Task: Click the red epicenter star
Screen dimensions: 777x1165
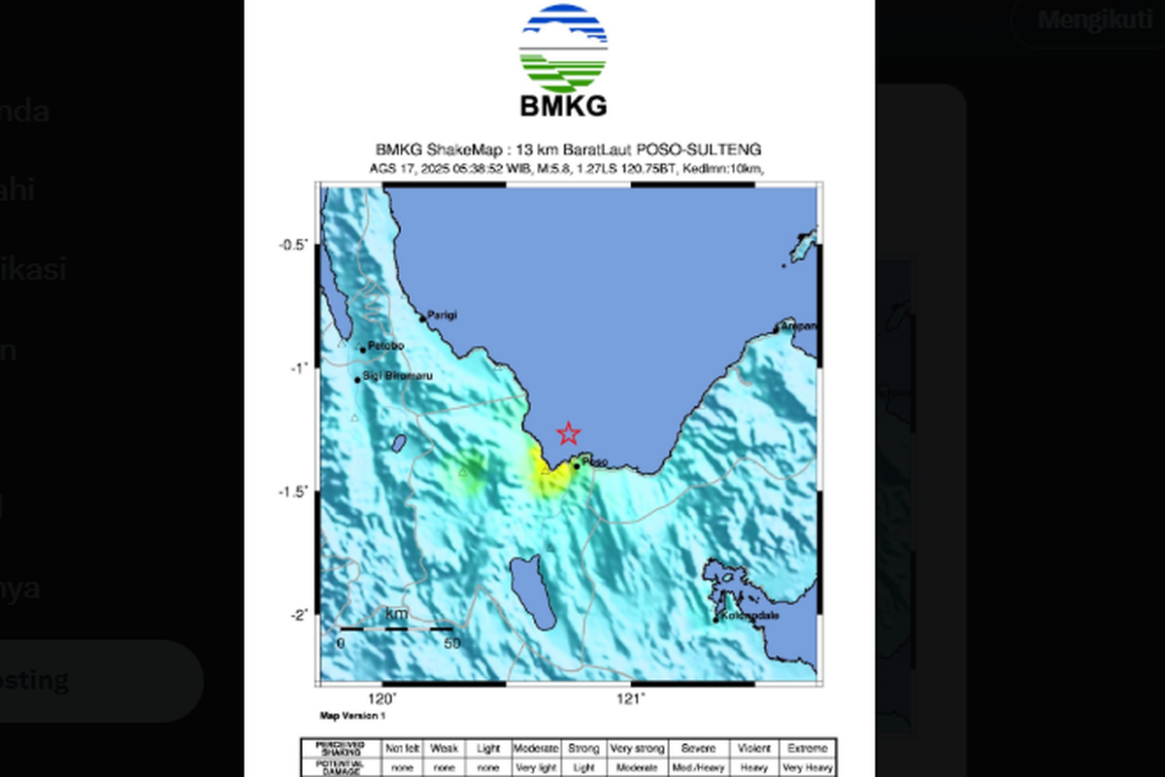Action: [568, 434]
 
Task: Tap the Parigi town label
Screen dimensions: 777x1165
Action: [443, 315]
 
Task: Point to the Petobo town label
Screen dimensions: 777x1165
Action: [385, 347]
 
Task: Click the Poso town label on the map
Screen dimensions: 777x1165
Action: [595, 462]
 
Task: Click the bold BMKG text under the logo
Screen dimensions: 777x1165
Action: [563, 105]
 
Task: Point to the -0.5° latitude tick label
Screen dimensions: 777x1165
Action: [293, 245]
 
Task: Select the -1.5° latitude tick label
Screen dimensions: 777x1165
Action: [293, 491]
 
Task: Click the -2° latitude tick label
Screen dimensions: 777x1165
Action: [297, 615]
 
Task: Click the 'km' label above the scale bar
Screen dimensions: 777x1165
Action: [396, 614]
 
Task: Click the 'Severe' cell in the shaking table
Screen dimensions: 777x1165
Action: [699, 749]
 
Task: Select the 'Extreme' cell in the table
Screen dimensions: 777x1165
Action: [808, 749]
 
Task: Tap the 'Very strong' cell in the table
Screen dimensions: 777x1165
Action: [638, 749]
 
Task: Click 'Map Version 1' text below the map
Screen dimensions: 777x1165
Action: [353, 716]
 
